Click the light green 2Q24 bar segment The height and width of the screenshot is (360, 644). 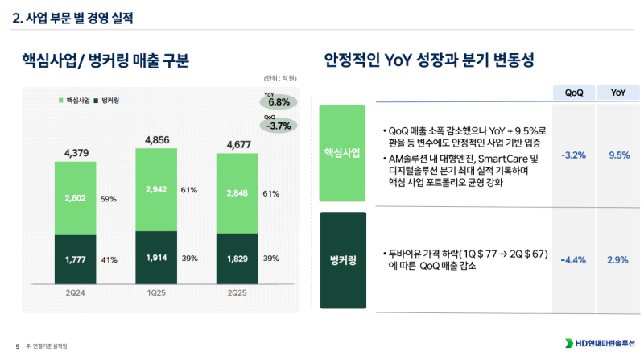point(75,198)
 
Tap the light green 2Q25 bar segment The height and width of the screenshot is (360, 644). point(237,194)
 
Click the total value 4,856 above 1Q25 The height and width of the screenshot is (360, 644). point(156,140)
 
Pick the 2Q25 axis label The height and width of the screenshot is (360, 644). point(237,292)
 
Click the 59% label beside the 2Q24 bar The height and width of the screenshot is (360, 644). point(109,198)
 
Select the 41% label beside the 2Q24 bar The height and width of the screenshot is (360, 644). point(109,259)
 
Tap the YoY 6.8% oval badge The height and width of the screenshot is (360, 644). point(279,101)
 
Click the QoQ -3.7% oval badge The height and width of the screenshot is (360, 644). point(279,125)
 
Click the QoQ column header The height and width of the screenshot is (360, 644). point(574,93)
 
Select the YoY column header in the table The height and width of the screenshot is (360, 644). point(618,93)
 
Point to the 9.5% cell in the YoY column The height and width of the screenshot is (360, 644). point(618,155)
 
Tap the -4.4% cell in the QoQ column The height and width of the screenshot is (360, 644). point(574,259)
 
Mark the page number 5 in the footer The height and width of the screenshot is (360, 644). point(17,346)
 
